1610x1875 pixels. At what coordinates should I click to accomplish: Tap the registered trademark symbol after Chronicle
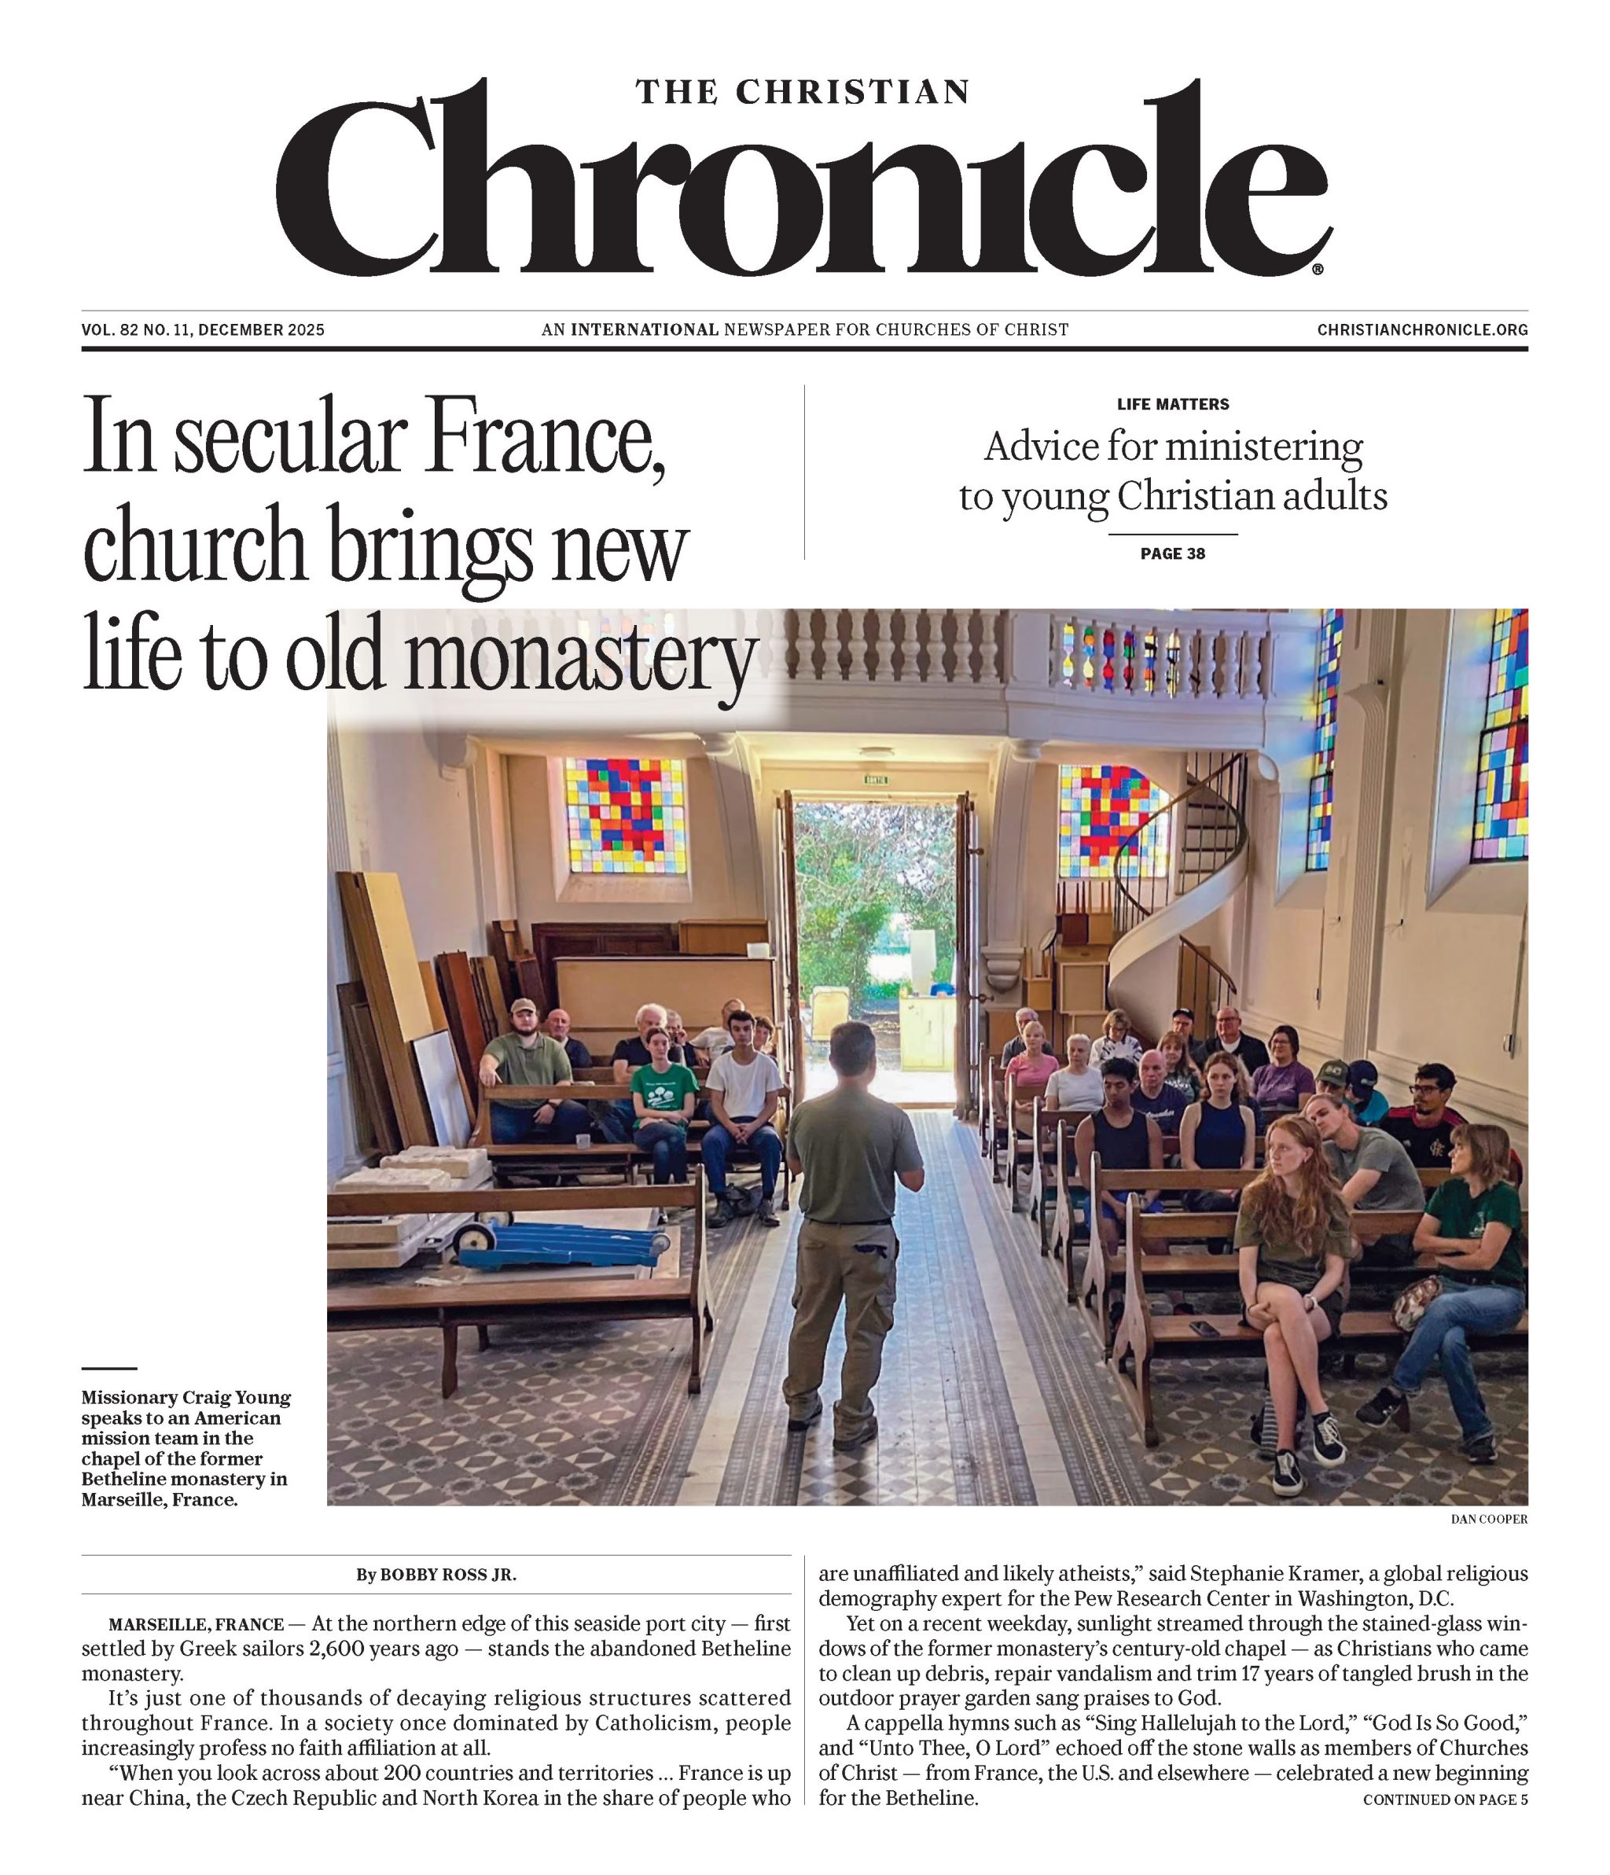[1318, 269]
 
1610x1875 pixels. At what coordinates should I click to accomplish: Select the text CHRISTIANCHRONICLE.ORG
[1422, 330]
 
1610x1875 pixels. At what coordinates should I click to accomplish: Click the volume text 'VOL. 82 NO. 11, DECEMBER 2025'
[203, 330]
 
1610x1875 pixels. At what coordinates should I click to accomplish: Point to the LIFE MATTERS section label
[1173, 405]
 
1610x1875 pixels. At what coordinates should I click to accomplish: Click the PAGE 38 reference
[1173, 553]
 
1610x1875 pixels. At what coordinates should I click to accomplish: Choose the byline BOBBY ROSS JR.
[448, 1575]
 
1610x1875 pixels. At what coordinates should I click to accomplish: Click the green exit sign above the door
[876, 779]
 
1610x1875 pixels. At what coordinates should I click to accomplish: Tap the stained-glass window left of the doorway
[625, 815]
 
